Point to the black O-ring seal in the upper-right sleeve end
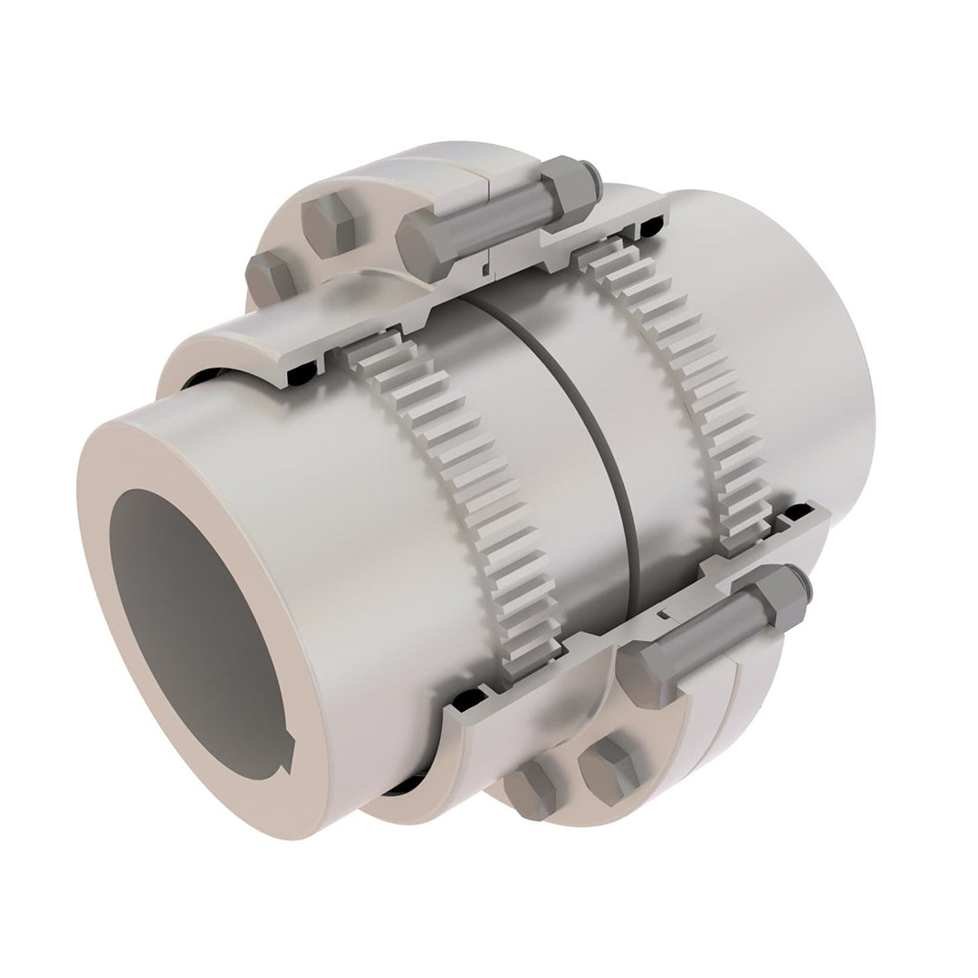[654, 221]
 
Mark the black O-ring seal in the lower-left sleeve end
[466, 702]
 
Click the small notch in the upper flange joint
[487, 266]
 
